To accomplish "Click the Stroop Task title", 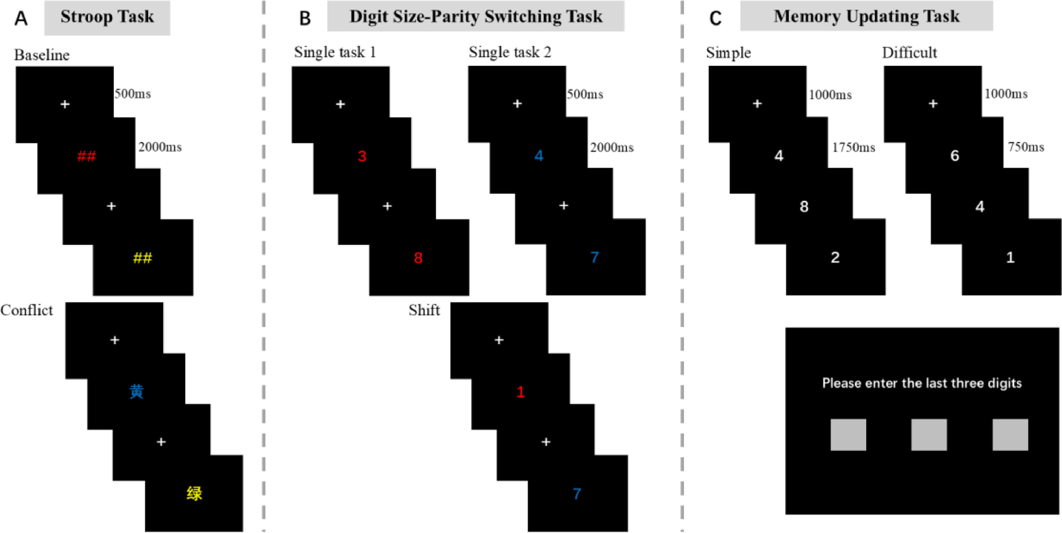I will click(107, 17).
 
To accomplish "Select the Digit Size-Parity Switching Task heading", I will click(476, 17).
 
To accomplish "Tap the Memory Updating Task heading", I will click(867, 17).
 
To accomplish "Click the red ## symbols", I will click(87, 156).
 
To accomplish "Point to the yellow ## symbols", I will click(143, 258).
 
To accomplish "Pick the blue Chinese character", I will click(136, 391).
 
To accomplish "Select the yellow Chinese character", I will click(194, 493).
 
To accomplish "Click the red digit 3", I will click(362, 156).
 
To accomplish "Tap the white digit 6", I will click(954, 156).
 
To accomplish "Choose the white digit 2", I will click(835, 257).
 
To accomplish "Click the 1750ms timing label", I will click(853, 147).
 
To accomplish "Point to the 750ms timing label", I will click(1026, 147).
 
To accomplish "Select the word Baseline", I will click(42, 55).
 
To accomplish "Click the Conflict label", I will click(27, 310).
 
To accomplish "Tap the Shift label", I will click(424, 310).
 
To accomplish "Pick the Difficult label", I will click(909, 53).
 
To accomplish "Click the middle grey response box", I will click(929, 435).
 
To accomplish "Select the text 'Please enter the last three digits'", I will click(922, 383).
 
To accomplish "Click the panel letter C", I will click(715, 18).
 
